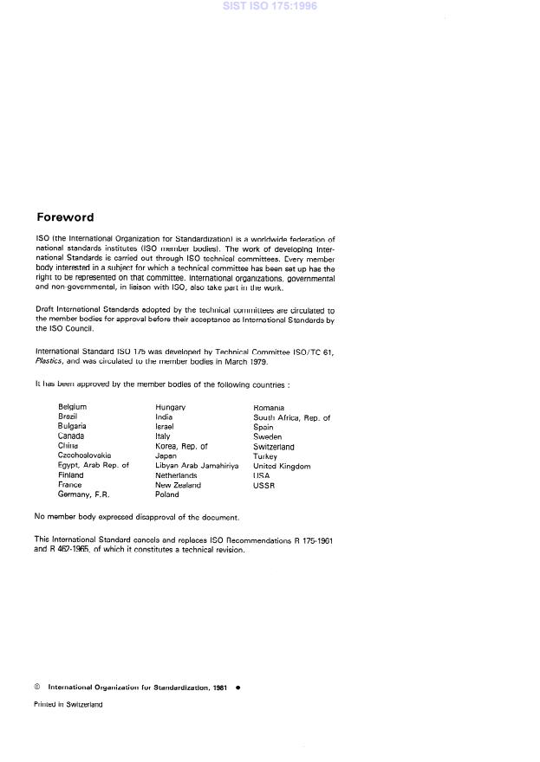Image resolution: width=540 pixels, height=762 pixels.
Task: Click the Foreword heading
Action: pyautogui.click(x=65, y=217)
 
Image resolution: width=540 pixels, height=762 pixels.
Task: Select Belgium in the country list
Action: pyautogui.click(x=72, y=406)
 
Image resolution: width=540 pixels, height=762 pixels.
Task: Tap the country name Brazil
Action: pyautogui.click(x=68, y=417)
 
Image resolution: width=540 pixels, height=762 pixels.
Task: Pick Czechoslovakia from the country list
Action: pyautogui.click(x=84, y=455)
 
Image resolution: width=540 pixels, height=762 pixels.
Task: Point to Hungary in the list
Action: pyautogui.click(x=171, y=406)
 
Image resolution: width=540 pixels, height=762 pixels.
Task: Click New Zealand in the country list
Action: pyautogui.click(x=178, y=485)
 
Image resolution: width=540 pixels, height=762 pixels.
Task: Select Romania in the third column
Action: pyautogui.click(x=269, y=406)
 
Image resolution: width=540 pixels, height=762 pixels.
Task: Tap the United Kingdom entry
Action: pyautogui.click(x=282, y=466)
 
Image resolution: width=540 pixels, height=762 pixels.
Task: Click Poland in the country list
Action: pyautogui.click(x=167, y=495)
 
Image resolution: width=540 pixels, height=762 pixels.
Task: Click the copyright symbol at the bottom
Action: pyautogui.click(x=37, y=687)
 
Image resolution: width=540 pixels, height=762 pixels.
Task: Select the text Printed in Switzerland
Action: pyautogui.click(x=68, y=705)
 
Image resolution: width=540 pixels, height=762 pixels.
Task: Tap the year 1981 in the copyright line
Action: pyautogui.click(x=220, y=687)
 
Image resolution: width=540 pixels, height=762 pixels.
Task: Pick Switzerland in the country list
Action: pyautogui.click(x=274, y=446)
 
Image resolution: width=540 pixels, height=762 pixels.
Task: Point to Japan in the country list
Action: pyautogui.click(x=166, y=455)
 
